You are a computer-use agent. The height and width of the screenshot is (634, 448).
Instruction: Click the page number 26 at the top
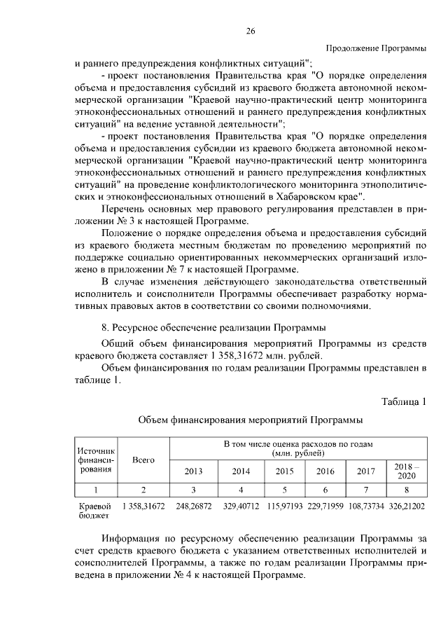[x=250, y=31]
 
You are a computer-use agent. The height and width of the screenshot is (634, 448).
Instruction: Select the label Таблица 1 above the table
[x=404, y=401]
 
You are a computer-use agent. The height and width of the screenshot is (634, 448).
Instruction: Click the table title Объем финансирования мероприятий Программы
[x=250, y=420]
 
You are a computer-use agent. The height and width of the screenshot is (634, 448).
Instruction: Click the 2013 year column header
[x=193, y=471]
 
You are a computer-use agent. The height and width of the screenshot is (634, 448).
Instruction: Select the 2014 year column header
[x=241, y=471]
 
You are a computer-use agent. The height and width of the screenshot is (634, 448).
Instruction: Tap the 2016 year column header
[x=325, y=471]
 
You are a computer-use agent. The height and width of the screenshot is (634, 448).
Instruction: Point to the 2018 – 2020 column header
[x=407, y=471]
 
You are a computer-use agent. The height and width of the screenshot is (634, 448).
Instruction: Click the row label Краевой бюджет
[x=93, y=510]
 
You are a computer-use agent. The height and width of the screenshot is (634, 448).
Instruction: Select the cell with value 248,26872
[x=193, y=505]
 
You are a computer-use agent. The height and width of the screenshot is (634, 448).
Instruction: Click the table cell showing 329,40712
[x=241, y=505]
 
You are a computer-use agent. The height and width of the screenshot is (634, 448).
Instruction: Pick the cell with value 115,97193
[x=284, y=505]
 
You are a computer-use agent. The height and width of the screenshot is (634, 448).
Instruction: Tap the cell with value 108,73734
[x=366, y=505]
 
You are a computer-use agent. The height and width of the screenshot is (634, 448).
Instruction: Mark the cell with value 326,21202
[x=407, y=505]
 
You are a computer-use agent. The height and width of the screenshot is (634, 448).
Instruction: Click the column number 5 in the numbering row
[x=284, y=488]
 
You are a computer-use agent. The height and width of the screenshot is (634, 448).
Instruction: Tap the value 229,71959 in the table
[x=325, y=505]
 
